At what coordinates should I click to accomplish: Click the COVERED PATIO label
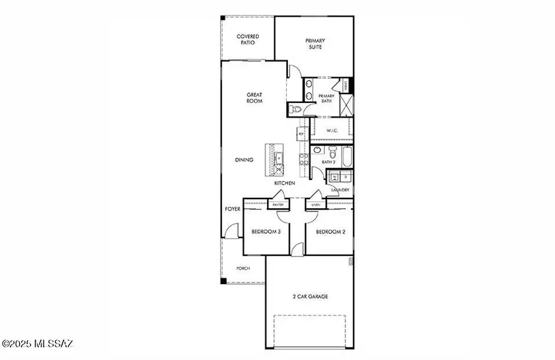248,40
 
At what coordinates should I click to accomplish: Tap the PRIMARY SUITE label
315,43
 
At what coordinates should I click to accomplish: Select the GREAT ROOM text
255,98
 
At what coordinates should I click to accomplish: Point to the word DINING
244,160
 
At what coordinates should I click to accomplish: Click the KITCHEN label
284,183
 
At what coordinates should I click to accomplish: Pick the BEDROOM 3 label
266,232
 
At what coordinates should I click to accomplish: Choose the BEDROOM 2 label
330,232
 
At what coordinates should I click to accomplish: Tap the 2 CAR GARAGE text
310,297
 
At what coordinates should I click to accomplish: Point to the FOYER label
232,210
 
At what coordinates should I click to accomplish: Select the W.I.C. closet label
332,130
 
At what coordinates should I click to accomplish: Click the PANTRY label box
277,205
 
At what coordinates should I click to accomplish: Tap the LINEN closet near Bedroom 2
316,205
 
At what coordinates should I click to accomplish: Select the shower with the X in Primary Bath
346,104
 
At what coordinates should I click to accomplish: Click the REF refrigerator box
302,133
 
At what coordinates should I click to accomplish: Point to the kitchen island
274,158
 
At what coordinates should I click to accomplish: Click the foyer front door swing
229,232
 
